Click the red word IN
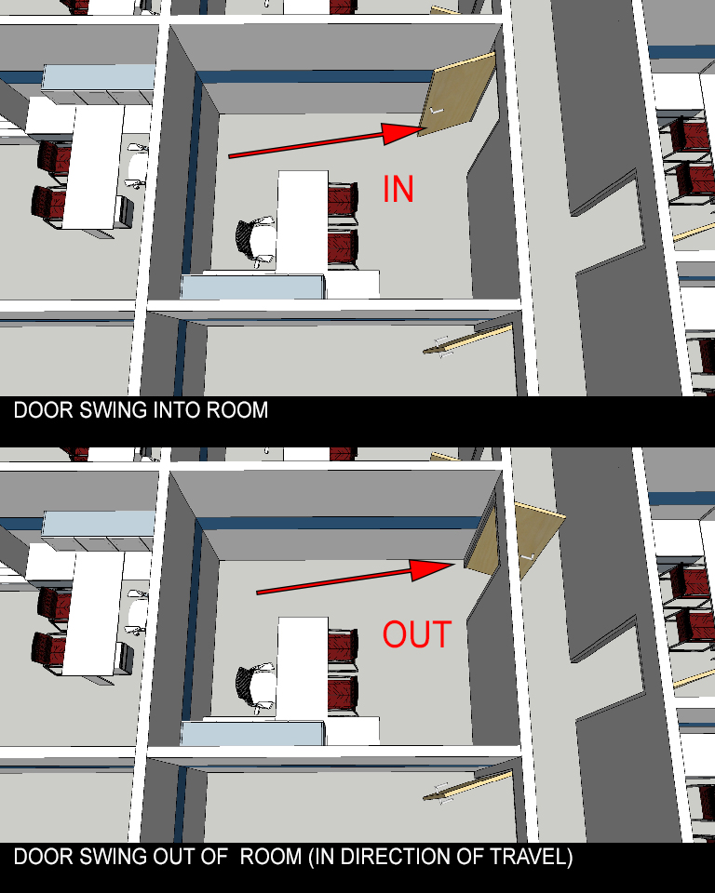[x=398, y=189]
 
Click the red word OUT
[x=417, y=634]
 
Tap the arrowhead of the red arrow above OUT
[x=433, y=569]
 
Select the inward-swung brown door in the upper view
[x=457, y=95]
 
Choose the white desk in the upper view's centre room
[x=303, y=221]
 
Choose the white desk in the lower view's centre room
[x=303, y=668]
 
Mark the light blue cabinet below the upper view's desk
[x=253, y=287]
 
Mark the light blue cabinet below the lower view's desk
[x=253, y=733]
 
